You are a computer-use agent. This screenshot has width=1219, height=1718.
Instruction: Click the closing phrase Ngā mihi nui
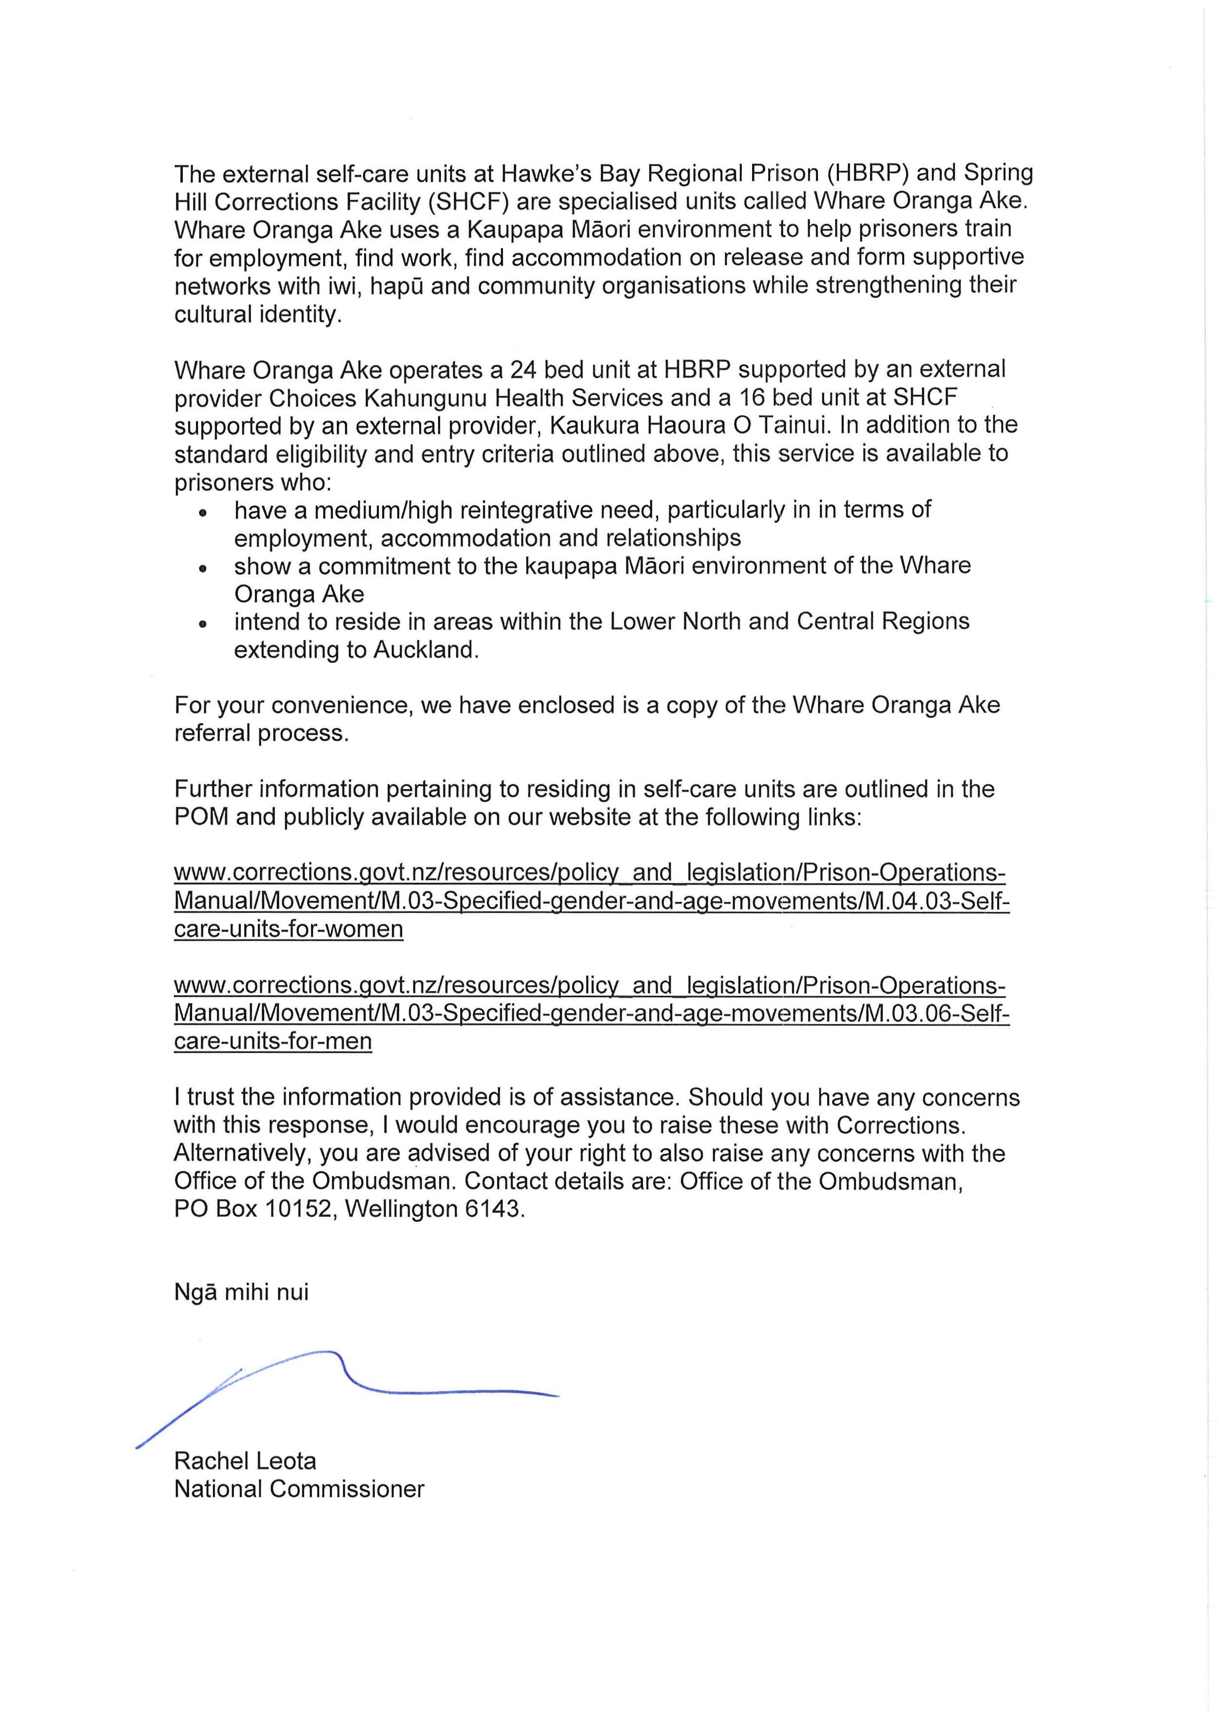pyautogui.click(x=241, y=1291)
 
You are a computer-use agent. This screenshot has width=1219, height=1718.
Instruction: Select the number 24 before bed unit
pyautogui.click(x=524, y=370)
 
